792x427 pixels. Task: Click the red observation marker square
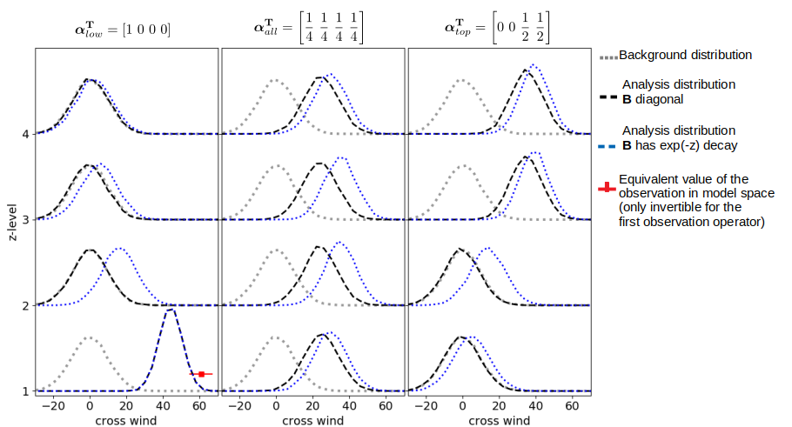click(x=202, y=374)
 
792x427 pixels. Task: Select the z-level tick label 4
click(x=26, y=134)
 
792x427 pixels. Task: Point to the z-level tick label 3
click(x=26, y=220)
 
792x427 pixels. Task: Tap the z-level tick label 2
click(x=26, y=306)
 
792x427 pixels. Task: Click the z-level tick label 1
click(x=26, y=391)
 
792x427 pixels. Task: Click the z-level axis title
click(x=12, y=222)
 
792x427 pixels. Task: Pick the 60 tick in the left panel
click(x=199, y=406)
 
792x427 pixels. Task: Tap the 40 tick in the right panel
click(x=535, y=406)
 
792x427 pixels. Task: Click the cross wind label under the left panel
click(x=126, y=420)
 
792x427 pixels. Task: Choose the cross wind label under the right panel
click(x=499, y=420)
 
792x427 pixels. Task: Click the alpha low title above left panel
click(x=123, y=30)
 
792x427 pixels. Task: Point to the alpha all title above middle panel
click(x=308, y=27)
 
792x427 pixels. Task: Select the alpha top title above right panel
click(x=497, y=27)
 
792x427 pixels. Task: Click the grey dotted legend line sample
click(x=608, y=58)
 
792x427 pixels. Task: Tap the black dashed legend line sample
click(x=608, y=97)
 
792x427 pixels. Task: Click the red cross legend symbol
click(x=607, y=188)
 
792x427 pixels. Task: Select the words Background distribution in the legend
click(x=686, y=55)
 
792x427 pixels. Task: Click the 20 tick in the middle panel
click(x=312, y=406)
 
